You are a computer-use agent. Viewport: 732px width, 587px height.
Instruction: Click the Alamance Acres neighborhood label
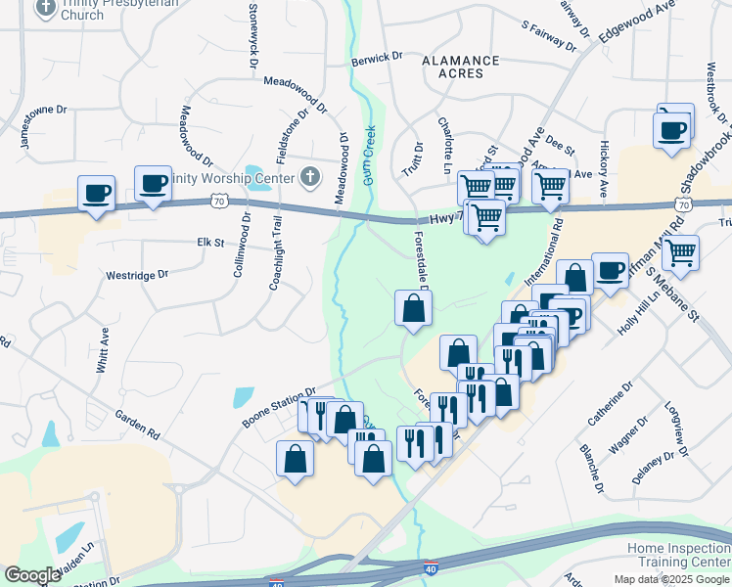[x=460, y=68]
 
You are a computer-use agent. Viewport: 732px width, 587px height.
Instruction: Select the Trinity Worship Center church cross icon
[x=310, y=177]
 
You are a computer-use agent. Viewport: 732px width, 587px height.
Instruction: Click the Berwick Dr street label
[x=377, y=59]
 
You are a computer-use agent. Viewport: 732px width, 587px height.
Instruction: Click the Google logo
[x=32, y=575]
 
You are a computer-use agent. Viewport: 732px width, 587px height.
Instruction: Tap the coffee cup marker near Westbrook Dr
[x=673, y=130]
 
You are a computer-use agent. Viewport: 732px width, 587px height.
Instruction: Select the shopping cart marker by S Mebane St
[x=680, y=252]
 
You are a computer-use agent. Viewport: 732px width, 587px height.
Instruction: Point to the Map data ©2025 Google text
[x=670, y=579]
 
